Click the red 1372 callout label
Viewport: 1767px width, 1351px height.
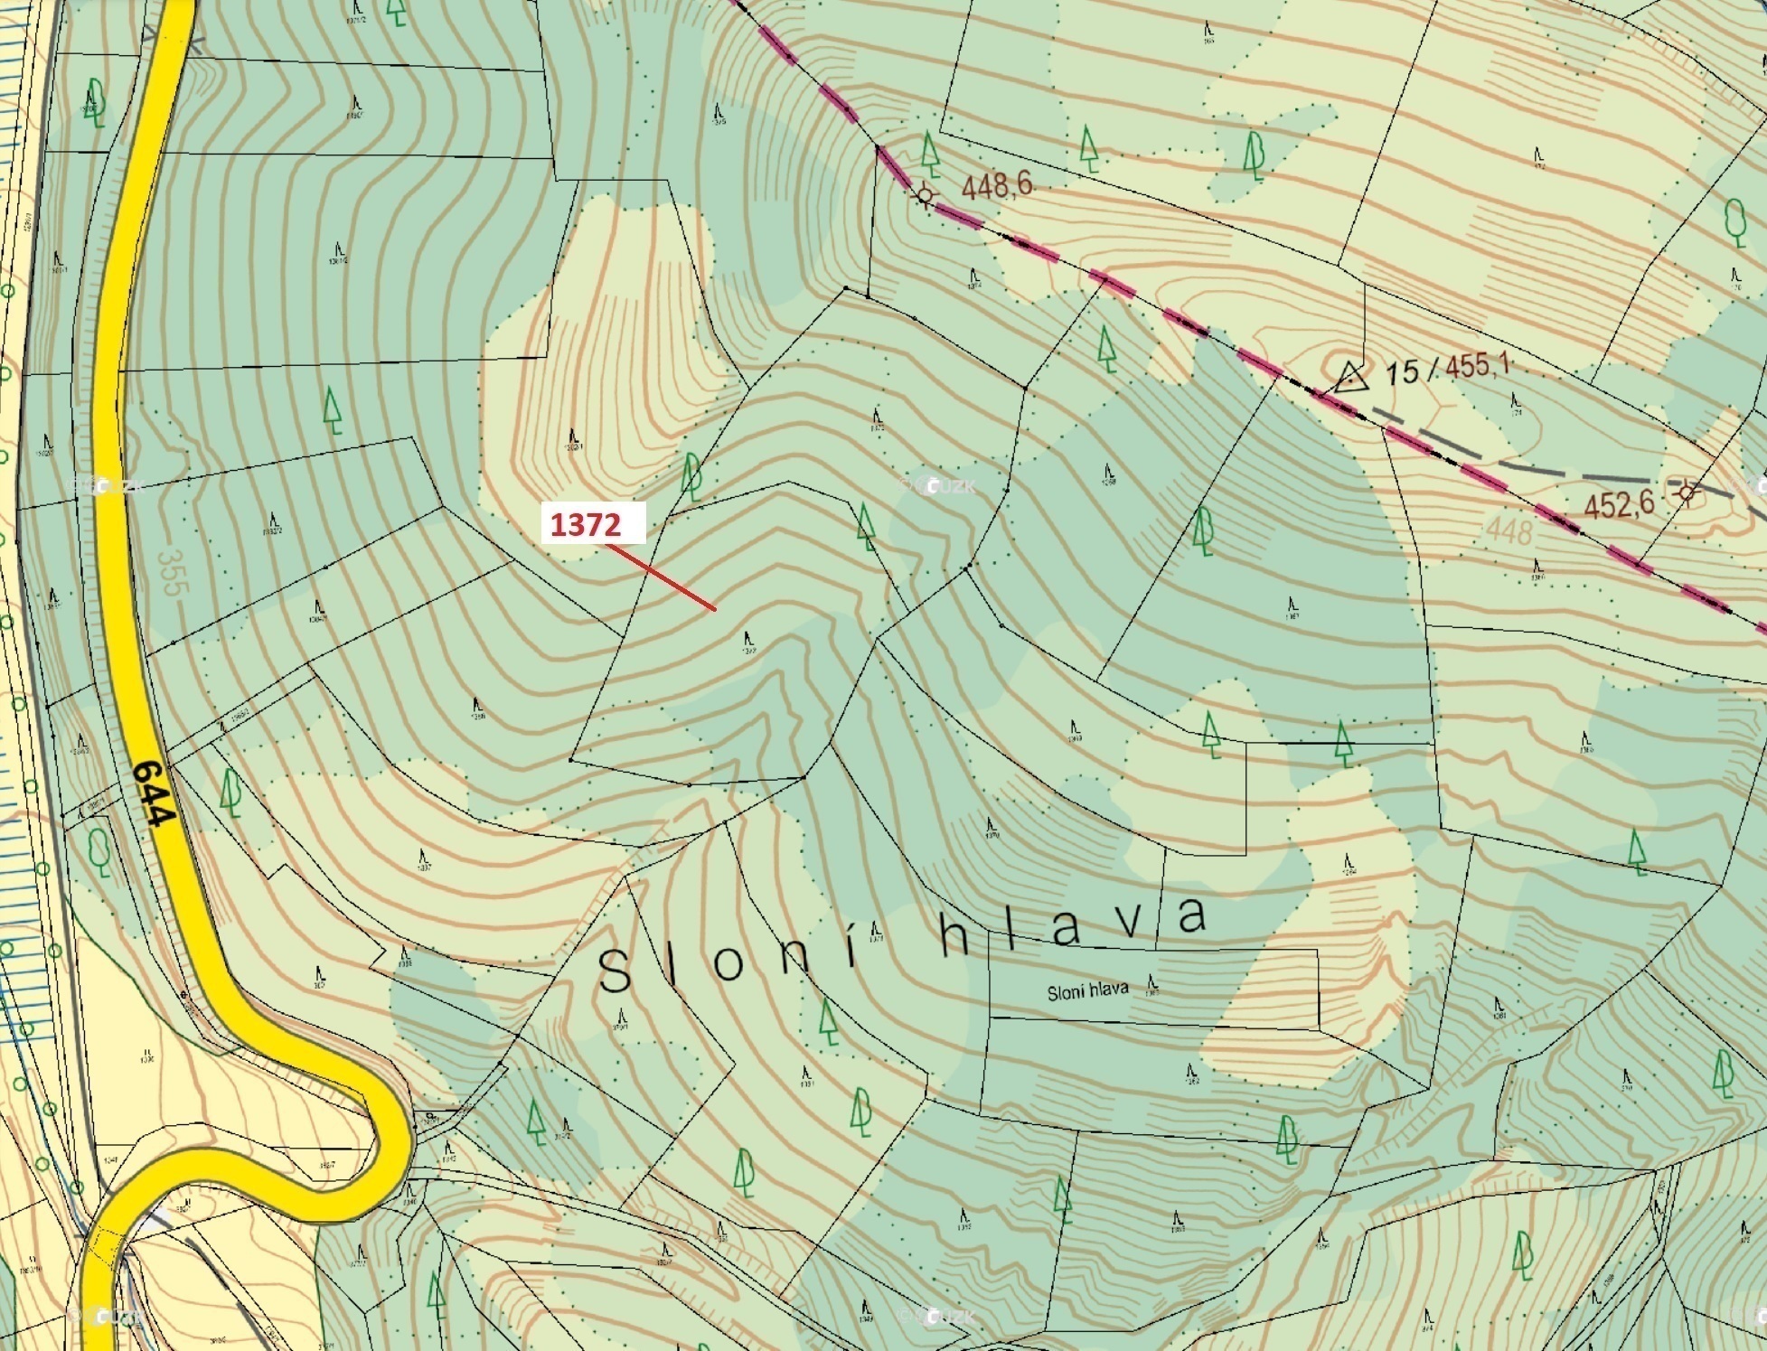593,523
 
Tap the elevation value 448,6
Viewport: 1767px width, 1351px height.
997,187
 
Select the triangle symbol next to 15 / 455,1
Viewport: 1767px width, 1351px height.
1349,376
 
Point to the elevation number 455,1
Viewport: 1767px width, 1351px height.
1479,367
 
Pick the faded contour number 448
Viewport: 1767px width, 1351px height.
1509,531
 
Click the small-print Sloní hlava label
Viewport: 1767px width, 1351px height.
1087,991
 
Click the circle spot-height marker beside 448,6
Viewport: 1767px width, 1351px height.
924,194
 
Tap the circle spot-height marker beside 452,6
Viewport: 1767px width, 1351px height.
1687,493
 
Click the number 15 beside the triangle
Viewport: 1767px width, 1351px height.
1402,371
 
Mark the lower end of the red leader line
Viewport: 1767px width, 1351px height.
715,610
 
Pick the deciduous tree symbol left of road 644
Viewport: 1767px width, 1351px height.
99,849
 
